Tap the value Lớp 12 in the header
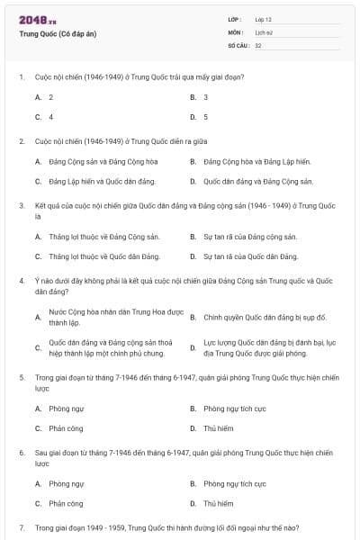click(263, 19)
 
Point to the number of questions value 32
click(258, 44)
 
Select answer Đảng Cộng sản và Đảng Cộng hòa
click(90, 162)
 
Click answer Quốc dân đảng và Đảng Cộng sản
click(258, 182)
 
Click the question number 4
click(21, 281)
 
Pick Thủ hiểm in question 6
click(218, 504)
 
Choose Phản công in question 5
click(66, 428)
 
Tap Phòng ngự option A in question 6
click(67, 484)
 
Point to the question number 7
click(21, 526)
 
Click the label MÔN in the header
click(236, 31)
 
